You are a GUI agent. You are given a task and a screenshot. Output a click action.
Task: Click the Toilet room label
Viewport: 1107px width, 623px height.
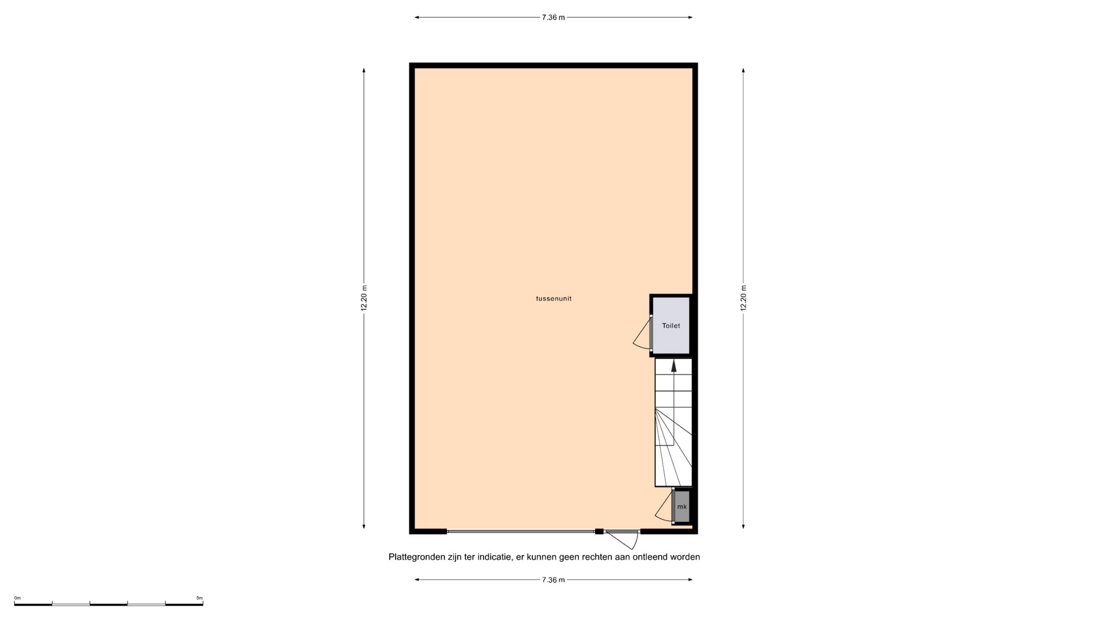coord(671,326)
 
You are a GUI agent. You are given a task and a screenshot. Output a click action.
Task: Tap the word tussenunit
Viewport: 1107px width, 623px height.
coord(553,299)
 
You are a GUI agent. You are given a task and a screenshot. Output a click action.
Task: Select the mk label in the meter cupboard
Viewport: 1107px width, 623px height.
coord(682,507)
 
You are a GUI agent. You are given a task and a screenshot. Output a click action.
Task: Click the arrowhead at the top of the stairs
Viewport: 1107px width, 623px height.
coord(673,365)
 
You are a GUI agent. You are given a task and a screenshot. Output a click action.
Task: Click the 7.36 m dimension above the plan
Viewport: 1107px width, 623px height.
coord(553,17)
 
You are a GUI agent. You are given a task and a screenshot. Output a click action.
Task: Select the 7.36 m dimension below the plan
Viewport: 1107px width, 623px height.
coord(553,580)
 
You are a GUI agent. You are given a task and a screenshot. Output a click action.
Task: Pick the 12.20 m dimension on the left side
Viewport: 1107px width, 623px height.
coord(364,298)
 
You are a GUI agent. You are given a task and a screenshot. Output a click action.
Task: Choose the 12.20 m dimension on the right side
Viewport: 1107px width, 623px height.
coord(743,298)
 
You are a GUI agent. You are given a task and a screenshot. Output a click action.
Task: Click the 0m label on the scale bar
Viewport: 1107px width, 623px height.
coord(17,598)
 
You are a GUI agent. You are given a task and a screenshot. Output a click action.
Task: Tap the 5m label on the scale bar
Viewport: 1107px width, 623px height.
coord(199,598)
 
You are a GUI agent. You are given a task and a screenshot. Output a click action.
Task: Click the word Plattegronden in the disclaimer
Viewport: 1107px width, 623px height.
coord(417,557)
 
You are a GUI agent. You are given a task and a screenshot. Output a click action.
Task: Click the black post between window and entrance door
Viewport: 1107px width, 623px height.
coord(599,531)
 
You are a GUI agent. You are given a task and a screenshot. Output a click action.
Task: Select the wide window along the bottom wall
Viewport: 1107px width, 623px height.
coord(521,531)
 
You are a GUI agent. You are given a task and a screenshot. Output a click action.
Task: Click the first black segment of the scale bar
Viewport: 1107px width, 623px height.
coord(33,605)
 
